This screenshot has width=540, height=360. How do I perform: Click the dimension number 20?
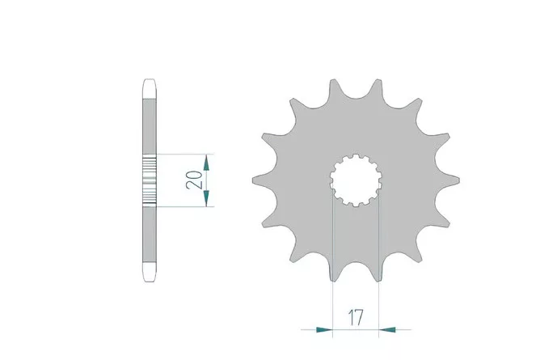point(194,180)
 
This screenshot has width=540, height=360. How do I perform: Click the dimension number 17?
point(356,318)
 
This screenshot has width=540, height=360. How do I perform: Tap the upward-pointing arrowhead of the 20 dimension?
point(206,163)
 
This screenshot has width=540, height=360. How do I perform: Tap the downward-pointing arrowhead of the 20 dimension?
point(206,197)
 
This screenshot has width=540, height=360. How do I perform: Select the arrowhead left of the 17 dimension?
point(324,330)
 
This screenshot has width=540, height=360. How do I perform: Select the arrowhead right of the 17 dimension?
point(387,330)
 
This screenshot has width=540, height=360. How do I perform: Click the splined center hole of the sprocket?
point(356,180)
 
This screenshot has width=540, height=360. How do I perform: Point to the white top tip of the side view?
point(150,89)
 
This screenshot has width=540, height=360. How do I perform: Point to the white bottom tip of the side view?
point(150,272)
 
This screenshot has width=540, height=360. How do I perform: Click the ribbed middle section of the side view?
point(150,180)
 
